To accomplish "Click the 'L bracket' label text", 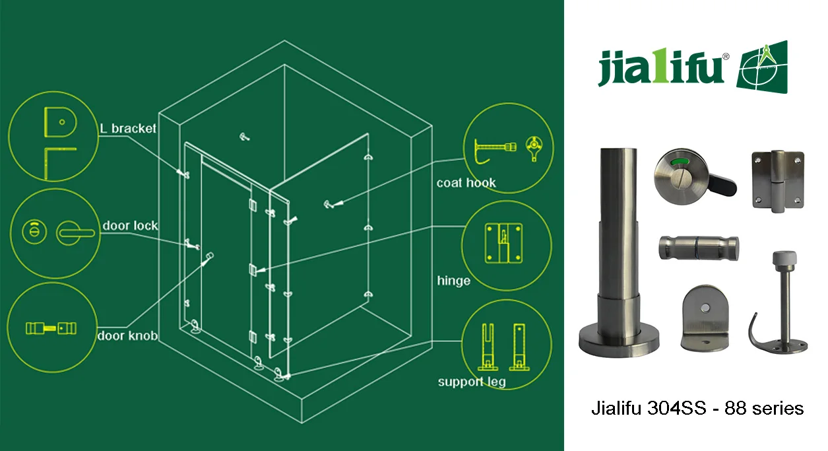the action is (x=128, y=128).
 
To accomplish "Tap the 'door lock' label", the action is (x=130, y=226).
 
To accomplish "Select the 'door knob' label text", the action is (x=127, y=335).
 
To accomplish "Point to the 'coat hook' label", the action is (x=466, y=183).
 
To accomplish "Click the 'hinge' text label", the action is (x=453, y=281).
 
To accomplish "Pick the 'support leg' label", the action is (x=472, y=382).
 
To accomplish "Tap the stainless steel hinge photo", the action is (x=778, y=181).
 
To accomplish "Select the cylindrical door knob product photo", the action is (x=699, y=248).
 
